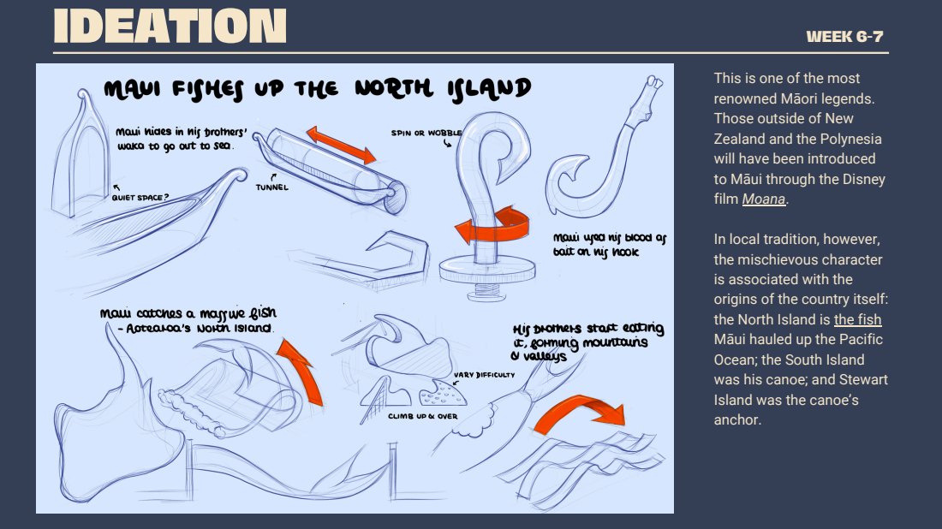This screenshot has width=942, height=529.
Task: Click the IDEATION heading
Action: (x=170, y=26)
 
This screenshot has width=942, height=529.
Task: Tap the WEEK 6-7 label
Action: (x=844, y=37)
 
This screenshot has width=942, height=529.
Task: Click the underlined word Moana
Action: (x=764, y=199)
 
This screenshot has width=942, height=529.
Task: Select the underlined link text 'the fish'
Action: (x=857, y=319)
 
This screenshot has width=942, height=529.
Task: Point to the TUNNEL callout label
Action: (x=272, y=187)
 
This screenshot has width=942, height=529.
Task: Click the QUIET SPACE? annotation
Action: (x=140, y=197)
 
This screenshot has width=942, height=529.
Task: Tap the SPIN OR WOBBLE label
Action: (x=426, y=133)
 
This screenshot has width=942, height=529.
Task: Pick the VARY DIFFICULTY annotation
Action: (x=484, y=375)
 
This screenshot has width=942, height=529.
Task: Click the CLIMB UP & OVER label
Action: (x=423, y=416)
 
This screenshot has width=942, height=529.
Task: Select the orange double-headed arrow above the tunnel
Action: (x=341, y=145)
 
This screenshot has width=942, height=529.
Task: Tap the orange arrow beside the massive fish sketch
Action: (x=302, y=371)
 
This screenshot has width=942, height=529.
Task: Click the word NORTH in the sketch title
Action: (x=394, y=88)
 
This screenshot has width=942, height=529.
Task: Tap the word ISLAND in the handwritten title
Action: (x=488, y=90)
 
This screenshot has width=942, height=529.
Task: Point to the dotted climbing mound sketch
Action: (x=443, y=393)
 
